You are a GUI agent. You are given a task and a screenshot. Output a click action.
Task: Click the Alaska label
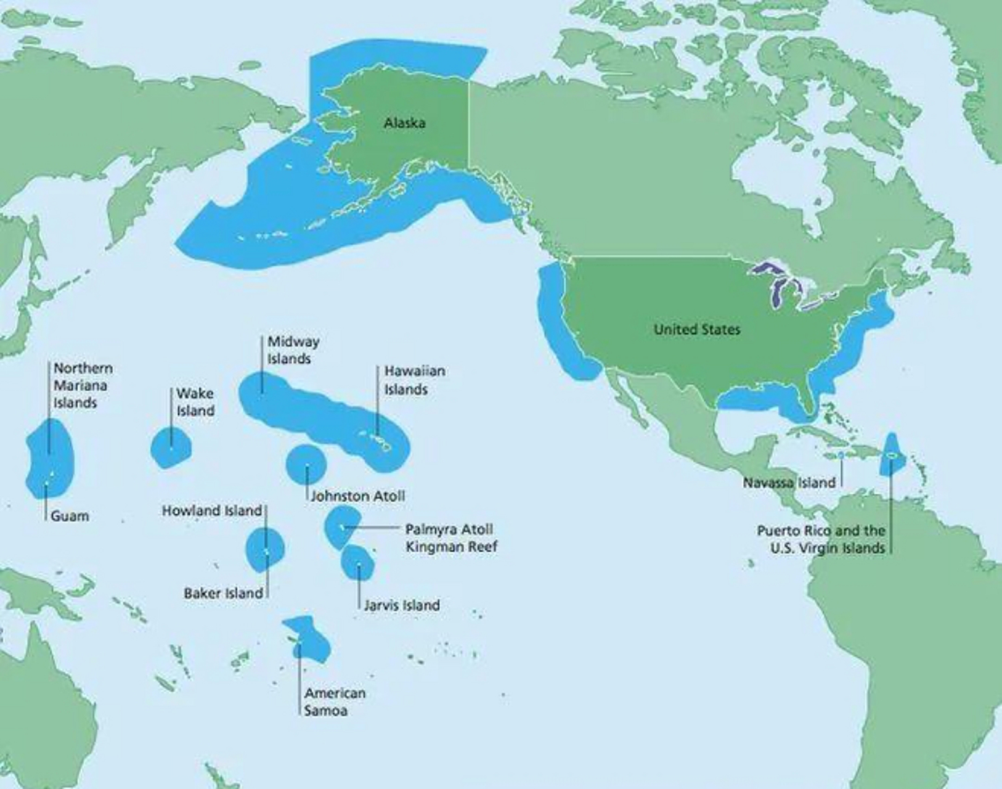[404, 123]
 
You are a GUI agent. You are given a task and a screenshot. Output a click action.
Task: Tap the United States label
[697, 329]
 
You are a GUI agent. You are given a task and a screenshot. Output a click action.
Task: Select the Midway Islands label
[293, 350]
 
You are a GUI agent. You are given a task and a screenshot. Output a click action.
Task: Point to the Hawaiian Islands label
[414, 380]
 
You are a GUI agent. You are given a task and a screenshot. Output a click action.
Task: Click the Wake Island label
[195, 402]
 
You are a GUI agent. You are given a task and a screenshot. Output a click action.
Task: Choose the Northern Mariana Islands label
[83, 385]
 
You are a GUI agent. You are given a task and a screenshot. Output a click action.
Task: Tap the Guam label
[69, 516]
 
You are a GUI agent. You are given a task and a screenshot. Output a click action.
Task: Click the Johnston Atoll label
[357, 496]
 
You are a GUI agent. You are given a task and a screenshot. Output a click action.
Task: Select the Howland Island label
[212, 510]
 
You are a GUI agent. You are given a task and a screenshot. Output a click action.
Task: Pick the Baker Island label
[223, 593]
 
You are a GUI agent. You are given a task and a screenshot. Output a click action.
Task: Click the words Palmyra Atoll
[449, 529]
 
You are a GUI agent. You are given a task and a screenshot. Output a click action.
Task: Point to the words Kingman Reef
[451, 546]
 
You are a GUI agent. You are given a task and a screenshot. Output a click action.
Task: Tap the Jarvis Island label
[401, 605]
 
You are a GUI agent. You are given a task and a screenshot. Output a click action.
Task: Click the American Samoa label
[335, 701]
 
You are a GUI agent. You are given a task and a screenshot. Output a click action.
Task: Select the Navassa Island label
[789, 482]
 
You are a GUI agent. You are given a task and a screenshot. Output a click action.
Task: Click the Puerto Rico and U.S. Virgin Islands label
[821, 539]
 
